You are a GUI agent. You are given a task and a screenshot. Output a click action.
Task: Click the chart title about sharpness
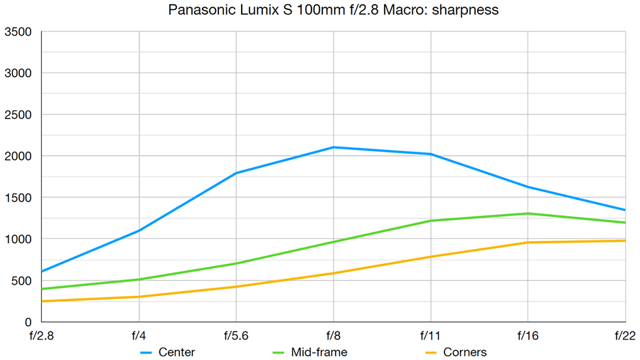[319, 11]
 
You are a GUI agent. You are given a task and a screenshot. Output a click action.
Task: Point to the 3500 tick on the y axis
[18, 32]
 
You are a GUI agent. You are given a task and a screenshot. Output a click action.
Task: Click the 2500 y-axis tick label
[18, 115]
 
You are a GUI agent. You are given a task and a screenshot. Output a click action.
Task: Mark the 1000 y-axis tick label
[18, 240]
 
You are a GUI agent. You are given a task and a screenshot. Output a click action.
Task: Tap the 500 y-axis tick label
[21, 281]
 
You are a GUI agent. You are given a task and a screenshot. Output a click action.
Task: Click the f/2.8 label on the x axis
[42, 334]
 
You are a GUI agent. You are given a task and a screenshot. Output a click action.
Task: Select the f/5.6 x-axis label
[236, 334]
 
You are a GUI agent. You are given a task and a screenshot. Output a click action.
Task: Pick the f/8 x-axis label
[334, 334]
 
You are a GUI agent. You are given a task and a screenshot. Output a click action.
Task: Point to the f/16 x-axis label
[528, 334]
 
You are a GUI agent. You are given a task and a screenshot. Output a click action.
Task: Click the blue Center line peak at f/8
[334, 147]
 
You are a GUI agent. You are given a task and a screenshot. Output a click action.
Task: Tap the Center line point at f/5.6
[236, 173]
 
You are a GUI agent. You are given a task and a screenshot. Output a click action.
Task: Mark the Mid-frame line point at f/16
[528, 213]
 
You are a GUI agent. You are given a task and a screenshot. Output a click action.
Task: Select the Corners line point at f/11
[431, 257]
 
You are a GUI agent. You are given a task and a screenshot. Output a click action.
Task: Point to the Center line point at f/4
[139, 231]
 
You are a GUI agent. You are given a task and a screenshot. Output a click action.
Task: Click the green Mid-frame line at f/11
[431, 221]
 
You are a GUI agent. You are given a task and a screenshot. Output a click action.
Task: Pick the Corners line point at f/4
[139, 297]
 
